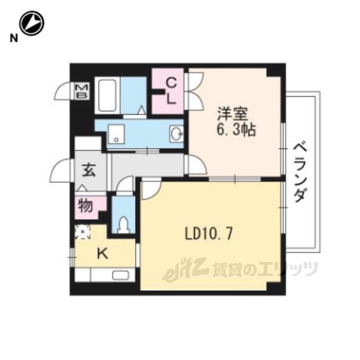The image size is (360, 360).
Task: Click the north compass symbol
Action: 31,23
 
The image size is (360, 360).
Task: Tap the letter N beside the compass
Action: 13,38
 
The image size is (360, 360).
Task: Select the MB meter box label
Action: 82,91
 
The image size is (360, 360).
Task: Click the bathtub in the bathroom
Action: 107,96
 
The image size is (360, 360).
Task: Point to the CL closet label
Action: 171,91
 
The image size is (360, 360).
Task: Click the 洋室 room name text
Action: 232,114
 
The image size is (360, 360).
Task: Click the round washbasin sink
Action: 177,133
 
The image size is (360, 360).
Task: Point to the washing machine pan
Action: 116,134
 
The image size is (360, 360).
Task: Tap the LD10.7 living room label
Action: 209,234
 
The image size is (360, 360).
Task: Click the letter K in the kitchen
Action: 102,254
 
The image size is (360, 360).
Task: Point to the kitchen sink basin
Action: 121,275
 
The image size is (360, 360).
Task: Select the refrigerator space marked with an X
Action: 83,232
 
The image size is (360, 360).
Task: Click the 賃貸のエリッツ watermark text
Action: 265,269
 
